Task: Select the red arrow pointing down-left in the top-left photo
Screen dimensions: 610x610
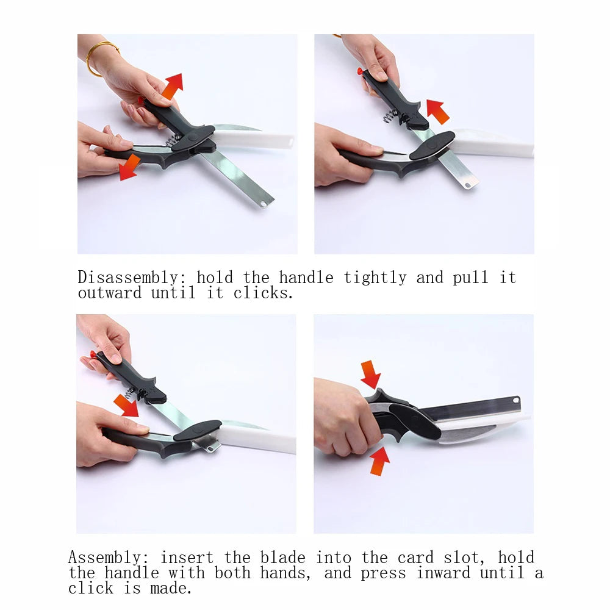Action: (x=130, y=167)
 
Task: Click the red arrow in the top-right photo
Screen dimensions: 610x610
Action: (x=437, y=112)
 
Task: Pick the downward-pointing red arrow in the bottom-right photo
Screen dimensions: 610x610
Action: (x=370, y=374)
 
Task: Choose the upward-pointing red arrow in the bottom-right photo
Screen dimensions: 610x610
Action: (x=379, y=461)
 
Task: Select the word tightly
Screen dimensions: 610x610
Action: (x=375, y=278)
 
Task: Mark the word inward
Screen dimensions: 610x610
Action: (x=443, y=573)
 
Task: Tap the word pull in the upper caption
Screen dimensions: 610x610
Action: (x=471, y=278)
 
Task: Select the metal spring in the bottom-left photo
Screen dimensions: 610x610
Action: (x=130, y=393)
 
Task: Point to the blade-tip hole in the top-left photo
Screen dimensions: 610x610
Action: (x=263, y=203)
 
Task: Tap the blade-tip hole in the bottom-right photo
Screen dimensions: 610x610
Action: (x=515, y=401)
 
